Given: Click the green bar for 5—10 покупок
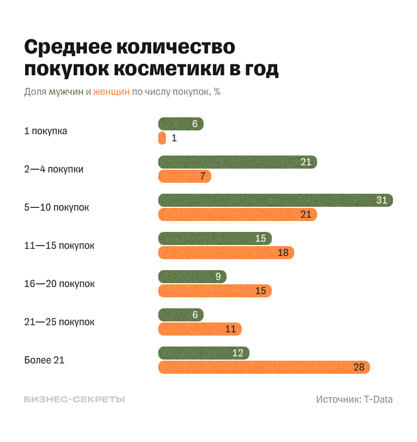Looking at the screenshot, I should pyautogui.click(x=276, y=200).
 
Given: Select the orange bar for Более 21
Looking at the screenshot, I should pyautogui.click(x=264, y=367).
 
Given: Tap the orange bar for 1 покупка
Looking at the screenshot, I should pyautogui.click(x=162, y=138).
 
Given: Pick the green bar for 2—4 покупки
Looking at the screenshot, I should pyautogui.click(x=237, y=162).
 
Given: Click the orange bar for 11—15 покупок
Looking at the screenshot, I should pyautogui.click(x=226, y=253).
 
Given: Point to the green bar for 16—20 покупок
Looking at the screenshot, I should pyautogui.click(x=192, y=277).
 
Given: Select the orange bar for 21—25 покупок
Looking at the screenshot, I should pyautogui.click(x=200, y=329).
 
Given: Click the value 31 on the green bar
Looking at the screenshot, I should pyautogui.click(x=382, y=200).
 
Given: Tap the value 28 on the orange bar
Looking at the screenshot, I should pyautogui.click(x=359, y=367).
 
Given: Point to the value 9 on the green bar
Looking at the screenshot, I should pyautogui.click(x=218, y=277).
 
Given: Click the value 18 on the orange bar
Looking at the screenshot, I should pyautogui.click(x=283, y=253).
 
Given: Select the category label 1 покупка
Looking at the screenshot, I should pyautogui.click(x=46, y=131).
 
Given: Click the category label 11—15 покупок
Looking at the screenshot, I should pyautogui.click(x=59, y=246).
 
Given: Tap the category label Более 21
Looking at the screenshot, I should pyautogui.click(x=44, y=360).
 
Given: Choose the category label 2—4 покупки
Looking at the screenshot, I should pyautogui.click(x=53, y=169).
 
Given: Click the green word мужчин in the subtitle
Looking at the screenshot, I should pyautogui.click(x=66, y=92).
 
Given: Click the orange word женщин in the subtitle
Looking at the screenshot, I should pyautogui.click(x=111, y=92).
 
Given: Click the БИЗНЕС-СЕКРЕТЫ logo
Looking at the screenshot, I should pyautogui.click(x=74, y=399).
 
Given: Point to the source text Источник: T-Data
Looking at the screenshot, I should pyautogui.click(x=354, y=399).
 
